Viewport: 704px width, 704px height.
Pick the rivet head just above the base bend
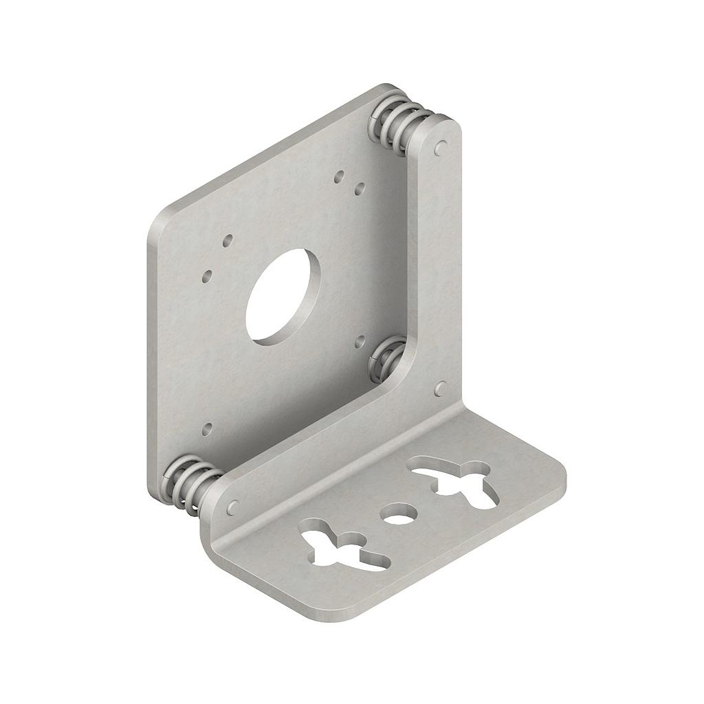tap(441, 390)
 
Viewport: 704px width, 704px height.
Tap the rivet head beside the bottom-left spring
tap(232, 507)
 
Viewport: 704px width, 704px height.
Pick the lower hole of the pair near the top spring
tap(360, 187)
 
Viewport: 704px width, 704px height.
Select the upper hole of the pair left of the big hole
tap(227, 241)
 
